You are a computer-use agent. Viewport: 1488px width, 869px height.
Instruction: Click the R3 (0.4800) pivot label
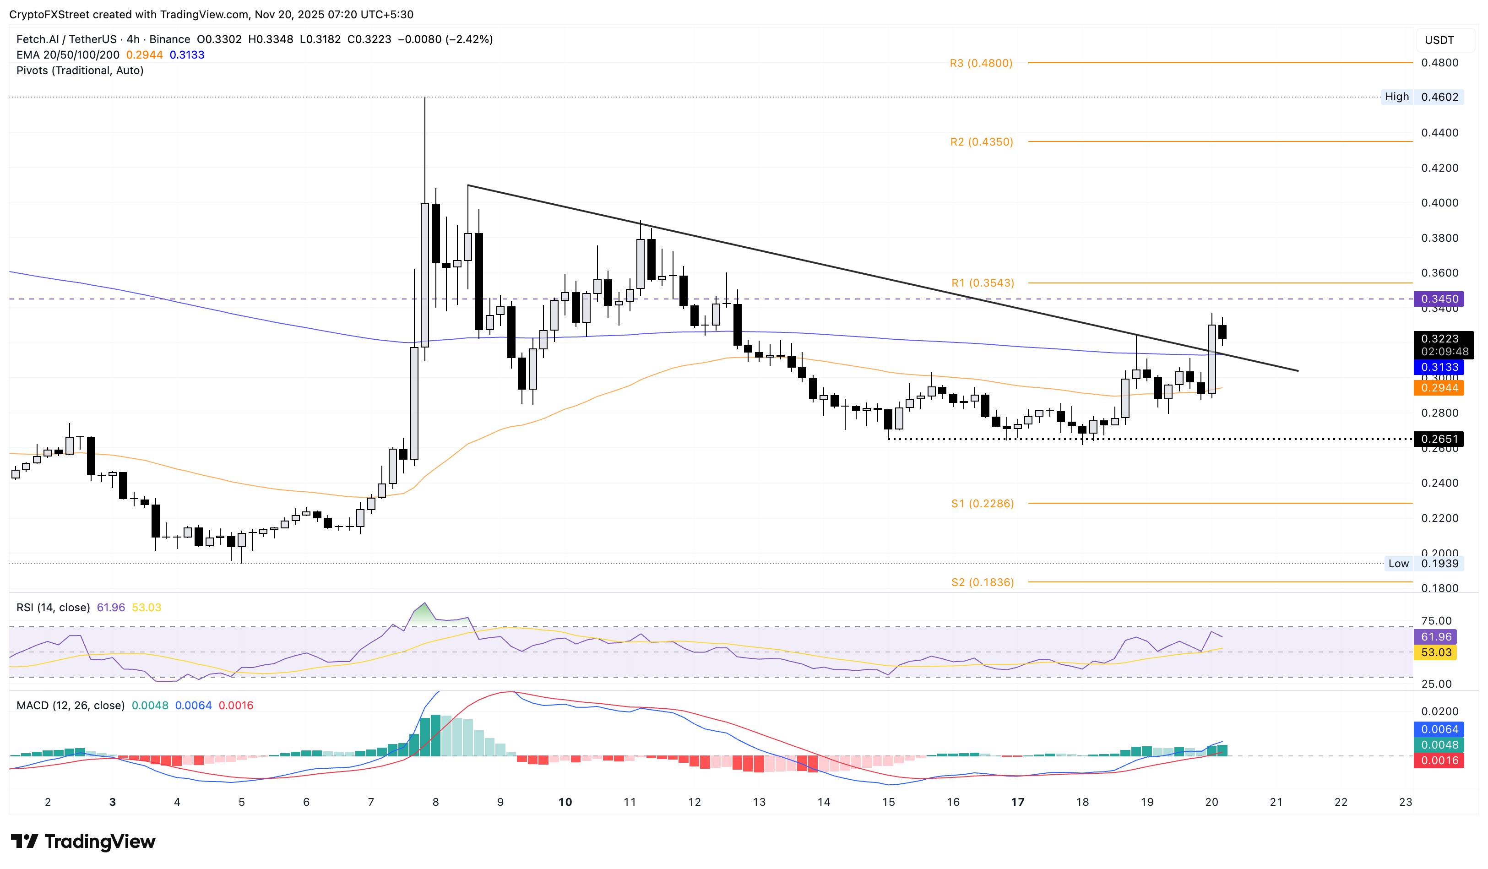point(981,63)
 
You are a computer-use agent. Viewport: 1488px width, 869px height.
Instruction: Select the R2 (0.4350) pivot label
point(981,142)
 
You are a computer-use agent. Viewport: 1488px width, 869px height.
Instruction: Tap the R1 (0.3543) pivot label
point(983,283)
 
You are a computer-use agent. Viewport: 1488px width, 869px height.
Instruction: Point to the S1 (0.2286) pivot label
point(983,504)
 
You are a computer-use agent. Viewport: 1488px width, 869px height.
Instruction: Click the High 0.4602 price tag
point(1422,97)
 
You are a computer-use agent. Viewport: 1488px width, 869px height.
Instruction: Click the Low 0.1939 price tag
point(1423,564)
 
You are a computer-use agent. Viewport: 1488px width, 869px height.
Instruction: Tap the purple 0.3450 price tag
point(1439,299)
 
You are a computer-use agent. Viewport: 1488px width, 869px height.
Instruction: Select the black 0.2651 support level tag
point(1439,439)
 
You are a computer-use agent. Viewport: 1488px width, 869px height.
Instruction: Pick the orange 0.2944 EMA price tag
point(1439,388)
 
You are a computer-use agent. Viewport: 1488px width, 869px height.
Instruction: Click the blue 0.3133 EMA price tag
point(1439,367)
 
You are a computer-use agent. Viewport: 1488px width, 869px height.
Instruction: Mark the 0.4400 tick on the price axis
point(1439,133)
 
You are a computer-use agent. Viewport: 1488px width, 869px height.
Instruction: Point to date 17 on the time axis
point(1017,802)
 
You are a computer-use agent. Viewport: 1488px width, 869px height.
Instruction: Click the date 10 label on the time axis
point(565,802)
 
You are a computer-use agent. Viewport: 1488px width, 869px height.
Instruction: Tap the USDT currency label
point(1439,40)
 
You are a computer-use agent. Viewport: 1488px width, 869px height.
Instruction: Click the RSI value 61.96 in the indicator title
point(110,608)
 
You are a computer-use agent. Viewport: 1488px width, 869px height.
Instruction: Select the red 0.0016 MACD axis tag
point(1439,761)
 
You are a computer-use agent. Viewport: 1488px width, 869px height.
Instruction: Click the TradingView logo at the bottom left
point(83,841)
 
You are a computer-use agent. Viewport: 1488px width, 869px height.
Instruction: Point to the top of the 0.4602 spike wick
point(424,98)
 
